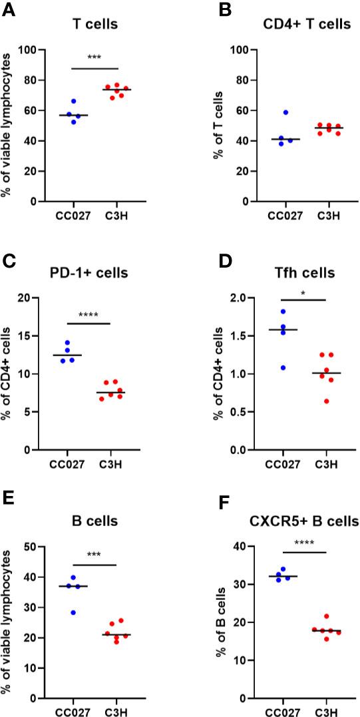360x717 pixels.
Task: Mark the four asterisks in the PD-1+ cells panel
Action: (x=88, y=320)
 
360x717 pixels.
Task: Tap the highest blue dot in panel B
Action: (x=285, y=113)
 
